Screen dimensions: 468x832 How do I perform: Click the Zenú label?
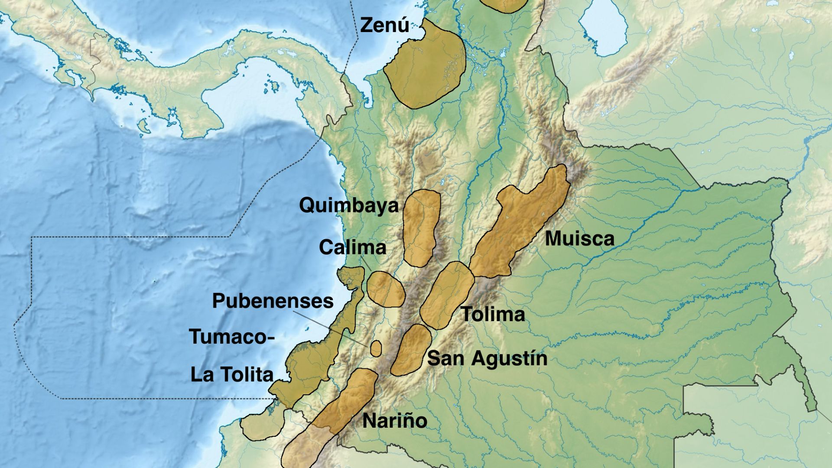pos(384,25)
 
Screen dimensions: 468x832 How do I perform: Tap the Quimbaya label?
pos(349,205)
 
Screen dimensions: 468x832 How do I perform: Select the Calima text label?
pos(352,247)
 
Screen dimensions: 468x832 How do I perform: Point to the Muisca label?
pos(579,239)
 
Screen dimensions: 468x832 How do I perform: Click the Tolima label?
pos(493,314)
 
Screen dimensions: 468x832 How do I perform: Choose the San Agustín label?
pos(487,358)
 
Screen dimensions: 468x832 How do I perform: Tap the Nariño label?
pos(394,420)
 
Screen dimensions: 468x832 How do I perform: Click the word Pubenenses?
pos(273,301)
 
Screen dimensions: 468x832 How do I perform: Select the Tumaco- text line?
pos(232,337)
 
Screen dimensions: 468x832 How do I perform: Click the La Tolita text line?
pos(232,374)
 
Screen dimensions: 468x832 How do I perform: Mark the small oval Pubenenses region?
pos(376,348)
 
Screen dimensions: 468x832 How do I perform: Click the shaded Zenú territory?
pos(425,65)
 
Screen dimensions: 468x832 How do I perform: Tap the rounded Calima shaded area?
pos(386,289)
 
